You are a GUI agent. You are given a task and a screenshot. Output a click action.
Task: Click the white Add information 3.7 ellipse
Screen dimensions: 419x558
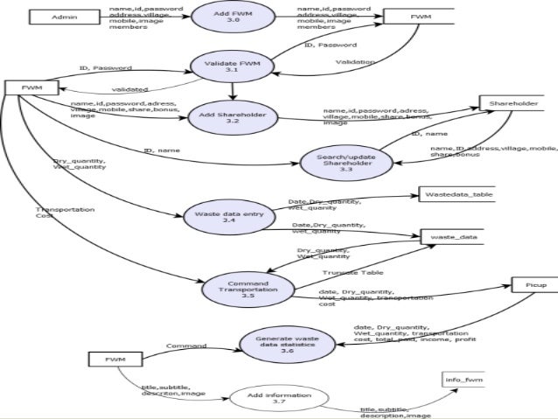[278, 400]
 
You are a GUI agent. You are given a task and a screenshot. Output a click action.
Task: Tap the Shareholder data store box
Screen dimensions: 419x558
[512, 104]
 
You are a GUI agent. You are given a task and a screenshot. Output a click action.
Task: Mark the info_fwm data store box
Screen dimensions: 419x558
[464, 381]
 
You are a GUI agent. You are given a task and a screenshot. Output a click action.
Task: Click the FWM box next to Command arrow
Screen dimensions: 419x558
[115, 360]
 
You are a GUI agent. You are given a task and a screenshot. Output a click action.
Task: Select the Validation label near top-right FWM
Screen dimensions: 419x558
[354, 63]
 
